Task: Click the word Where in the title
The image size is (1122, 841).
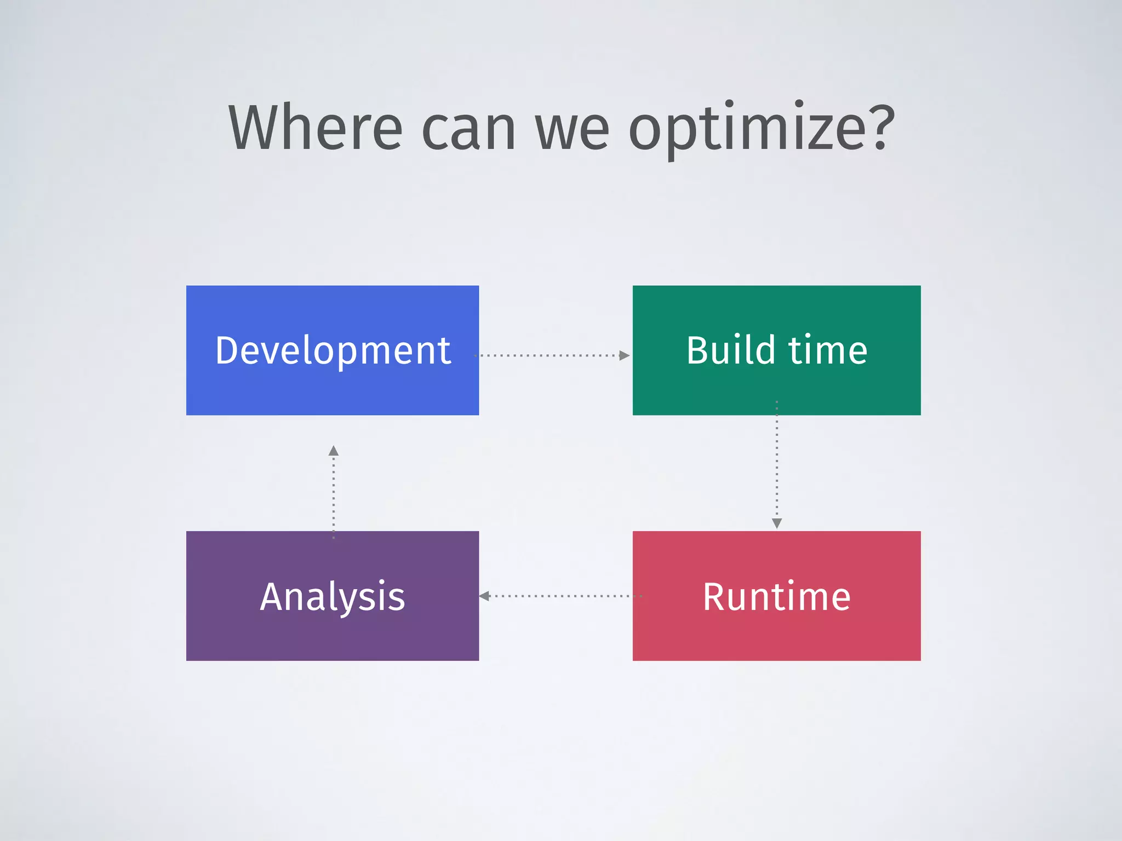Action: pos(315,128)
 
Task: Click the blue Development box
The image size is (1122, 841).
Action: pos(333,383)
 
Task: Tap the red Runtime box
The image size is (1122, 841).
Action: pos(776,630)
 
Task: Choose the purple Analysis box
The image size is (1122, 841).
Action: pos(333,630)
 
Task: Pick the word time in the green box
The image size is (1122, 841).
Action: pos(828,350)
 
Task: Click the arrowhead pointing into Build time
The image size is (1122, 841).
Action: pos(624,355)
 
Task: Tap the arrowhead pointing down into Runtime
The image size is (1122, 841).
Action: pos(776,523)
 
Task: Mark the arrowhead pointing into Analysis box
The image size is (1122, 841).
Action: pos(484,596)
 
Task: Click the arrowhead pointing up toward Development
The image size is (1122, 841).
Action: pos(333,451)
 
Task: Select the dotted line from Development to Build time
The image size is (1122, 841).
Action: pos(548,355)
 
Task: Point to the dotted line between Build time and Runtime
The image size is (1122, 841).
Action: pos(776,465)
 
